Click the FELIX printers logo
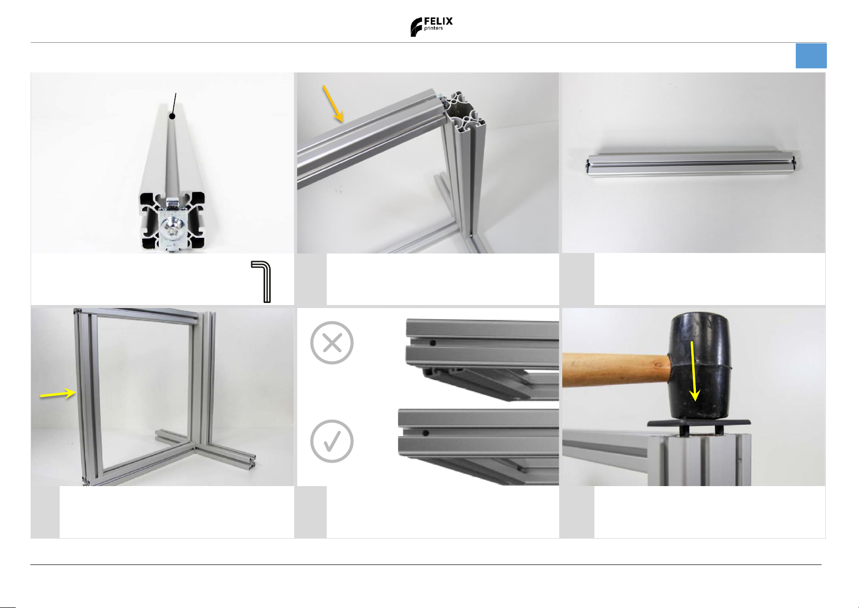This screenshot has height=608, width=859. (431, 27)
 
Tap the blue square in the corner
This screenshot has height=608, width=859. (811, 56)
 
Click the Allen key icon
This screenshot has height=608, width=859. (262, 281)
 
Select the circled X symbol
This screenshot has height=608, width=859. (332, 343)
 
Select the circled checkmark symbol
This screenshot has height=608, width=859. (332, 441)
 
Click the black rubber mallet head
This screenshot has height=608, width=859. (699, 366)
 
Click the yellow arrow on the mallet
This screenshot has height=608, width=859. (694, 370)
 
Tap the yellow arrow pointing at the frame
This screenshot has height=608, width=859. (58, 394)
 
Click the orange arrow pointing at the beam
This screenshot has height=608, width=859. (333, 104)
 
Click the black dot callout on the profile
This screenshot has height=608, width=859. (172, 116)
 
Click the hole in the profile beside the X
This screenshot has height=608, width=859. (433, 343)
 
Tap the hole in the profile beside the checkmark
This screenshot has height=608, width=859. (425, 433)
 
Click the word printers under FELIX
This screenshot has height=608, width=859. (433, 29)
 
